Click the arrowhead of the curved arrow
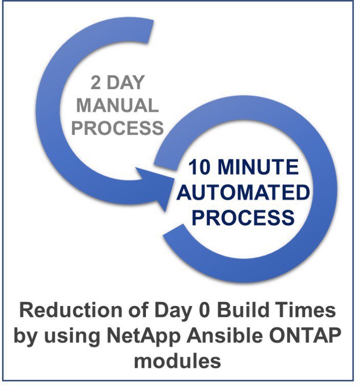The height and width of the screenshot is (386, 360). [x=157, y=187]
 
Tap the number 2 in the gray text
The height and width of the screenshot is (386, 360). [x=96, y=83]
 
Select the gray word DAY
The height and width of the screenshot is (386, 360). [x=125, y=83]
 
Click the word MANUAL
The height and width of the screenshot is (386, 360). [x=118, y=106]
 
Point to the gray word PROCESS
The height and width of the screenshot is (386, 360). [x=118, y=128]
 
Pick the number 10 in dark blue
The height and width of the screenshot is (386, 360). [x=200, y=167]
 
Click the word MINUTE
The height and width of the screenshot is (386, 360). [x=259, y=167]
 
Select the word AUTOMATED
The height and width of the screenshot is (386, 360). [x=243, y=193]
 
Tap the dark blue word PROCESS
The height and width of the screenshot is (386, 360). [x=243, y=218]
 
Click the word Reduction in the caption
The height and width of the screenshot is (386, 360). [x=71, y=310]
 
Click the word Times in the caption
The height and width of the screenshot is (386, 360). [x=305, y=310]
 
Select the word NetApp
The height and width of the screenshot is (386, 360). [x=144, y=336]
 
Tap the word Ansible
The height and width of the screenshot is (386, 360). [x=224, y=336]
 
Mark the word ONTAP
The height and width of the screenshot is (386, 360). [x=305, y=336]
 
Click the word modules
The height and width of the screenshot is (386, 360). [x=177, y=361]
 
